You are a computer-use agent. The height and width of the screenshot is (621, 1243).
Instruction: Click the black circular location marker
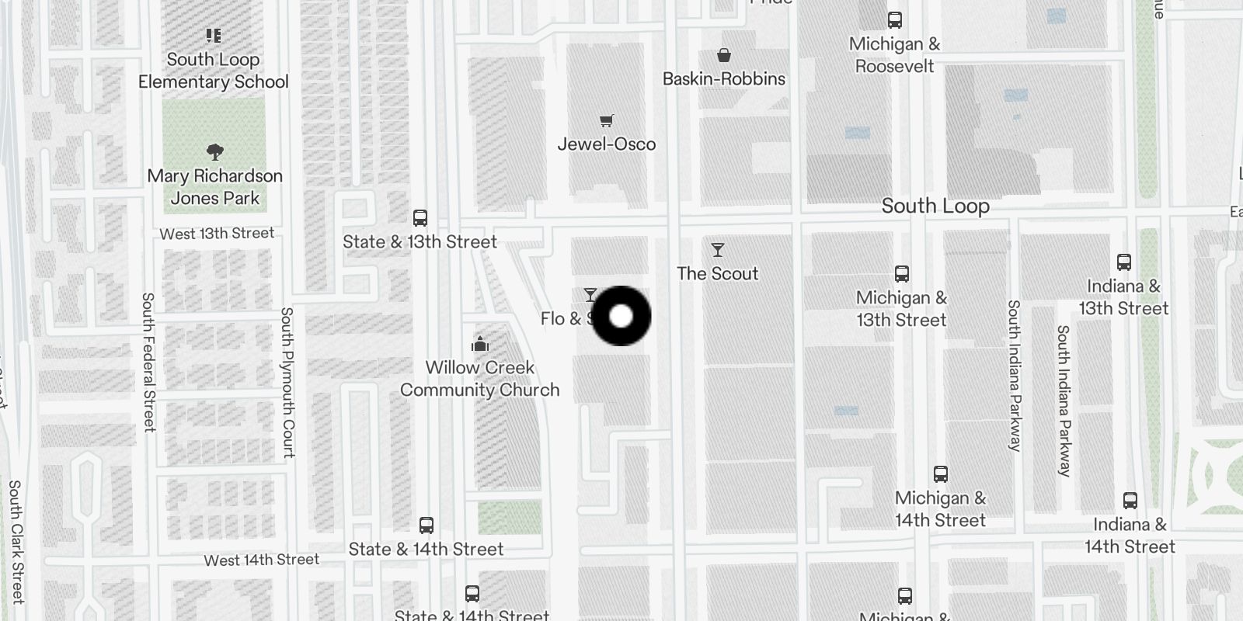[x=621, y=316]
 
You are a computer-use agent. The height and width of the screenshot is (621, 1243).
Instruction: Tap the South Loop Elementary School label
[x=213, y=71]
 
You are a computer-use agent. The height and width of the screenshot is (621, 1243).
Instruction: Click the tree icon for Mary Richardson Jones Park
[x=215, y=151]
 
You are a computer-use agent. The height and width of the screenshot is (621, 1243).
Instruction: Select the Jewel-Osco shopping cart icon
[x=607, y=120]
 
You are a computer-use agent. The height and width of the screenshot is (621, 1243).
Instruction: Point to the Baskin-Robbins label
[x=723, y=78]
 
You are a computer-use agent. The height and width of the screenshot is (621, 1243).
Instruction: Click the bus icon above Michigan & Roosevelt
[x=895, y=20]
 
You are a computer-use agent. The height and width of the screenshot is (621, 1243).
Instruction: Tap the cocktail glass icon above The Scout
[x=718, y=250]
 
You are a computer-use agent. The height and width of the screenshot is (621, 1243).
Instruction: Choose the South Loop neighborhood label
[x=935, y=206]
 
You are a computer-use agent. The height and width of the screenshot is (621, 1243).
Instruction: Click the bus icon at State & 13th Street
[x=420, y=218]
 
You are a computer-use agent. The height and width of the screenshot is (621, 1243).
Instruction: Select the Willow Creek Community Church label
[x=480, y=378]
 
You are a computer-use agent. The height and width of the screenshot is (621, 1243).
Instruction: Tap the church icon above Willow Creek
[x=480, y=344]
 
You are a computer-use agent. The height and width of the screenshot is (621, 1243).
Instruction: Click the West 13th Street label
[x=217, y=234]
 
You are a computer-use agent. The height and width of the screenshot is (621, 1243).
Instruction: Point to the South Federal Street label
[x=148, y=362]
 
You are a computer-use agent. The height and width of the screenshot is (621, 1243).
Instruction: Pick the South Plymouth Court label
[x=287, y=382]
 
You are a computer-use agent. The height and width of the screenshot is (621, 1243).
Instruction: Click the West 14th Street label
[x=261, y=560]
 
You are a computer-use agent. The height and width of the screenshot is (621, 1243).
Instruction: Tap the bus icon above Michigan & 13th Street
[x=901, y=274]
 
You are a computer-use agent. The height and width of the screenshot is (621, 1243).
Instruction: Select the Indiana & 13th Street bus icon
[x=1123, y=262]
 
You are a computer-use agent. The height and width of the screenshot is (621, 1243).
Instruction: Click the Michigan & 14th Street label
[x=940, y=509]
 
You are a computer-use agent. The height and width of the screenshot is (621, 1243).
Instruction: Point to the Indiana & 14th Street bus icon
[x=1130, y=501]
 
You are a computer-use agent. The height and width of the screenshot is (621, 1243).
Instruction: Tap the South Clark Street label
[x=16, y=541]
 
